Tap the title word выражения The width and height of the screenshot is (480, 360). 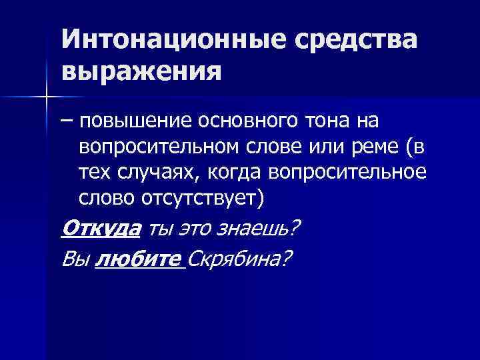coord(141,69)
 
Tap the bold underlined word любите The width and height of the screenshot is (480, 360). coord(136,258)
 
